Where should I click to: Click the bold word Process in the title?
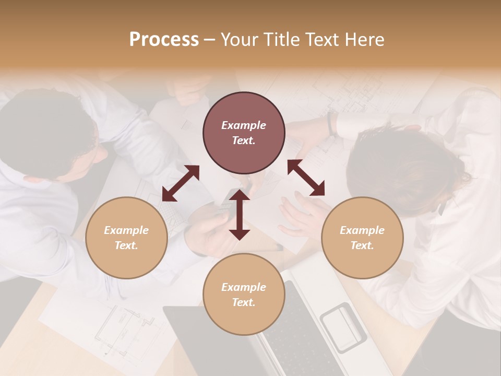(164, 39)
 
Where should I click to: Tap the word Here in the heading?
(365, 39)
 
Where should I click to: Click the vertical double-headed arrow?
(240, 215)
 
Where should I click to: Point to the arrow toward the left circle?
(181, 183)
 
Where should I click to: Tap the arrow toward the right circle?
(306, 178)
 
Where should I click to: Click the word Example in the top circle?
(244, 125)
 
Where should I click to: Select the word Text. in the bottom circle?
(244, 302)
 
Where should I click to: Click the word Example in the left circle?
(126, 230)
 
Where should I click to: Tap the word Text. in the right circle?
(362, 245)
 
